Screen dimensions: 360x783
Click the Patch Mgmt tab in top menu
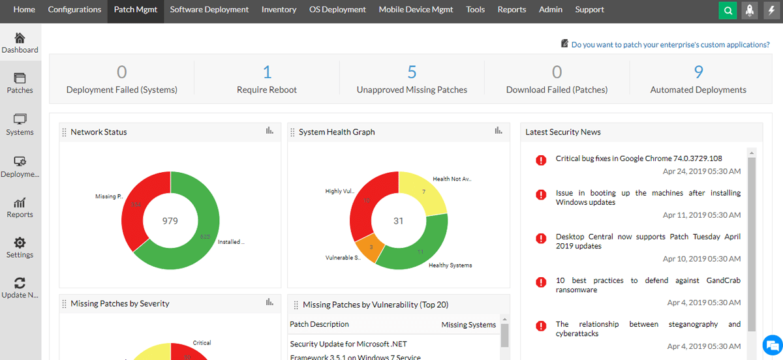click(136, 10)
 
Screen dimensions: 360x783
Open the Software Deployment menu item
click(209, 10)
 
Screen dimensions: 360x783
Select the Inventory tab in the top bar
click(279, 10)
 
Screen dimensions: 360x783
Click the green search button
click(728, 10)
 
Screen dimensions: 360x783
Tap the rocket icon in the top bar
click(750, 10)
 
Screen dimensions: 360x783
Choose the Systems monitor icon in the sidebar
click(20, 119)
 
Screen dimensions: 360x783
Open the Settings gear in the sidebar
click(20, 243)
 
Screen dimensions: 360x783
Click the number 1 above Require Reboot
click(267, 72)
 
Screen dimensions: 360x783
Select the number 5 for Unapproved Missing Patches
click(412, 72)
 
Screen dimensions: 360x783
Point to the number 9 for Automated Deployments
click(698, 72)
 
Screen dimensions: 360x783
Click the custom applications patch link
click(670, 45)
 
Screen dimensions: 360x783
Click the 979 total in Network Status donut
click(170, 221)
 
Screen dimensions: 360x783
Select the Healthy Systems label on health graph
click(450, 265)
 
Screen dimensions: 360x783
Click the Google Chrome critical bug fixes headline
click(639, 158)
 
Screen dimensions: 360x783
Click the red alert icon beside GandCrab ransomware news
click(541, 282)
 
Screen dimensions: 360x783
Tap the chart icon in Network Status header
click(269, 131)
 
